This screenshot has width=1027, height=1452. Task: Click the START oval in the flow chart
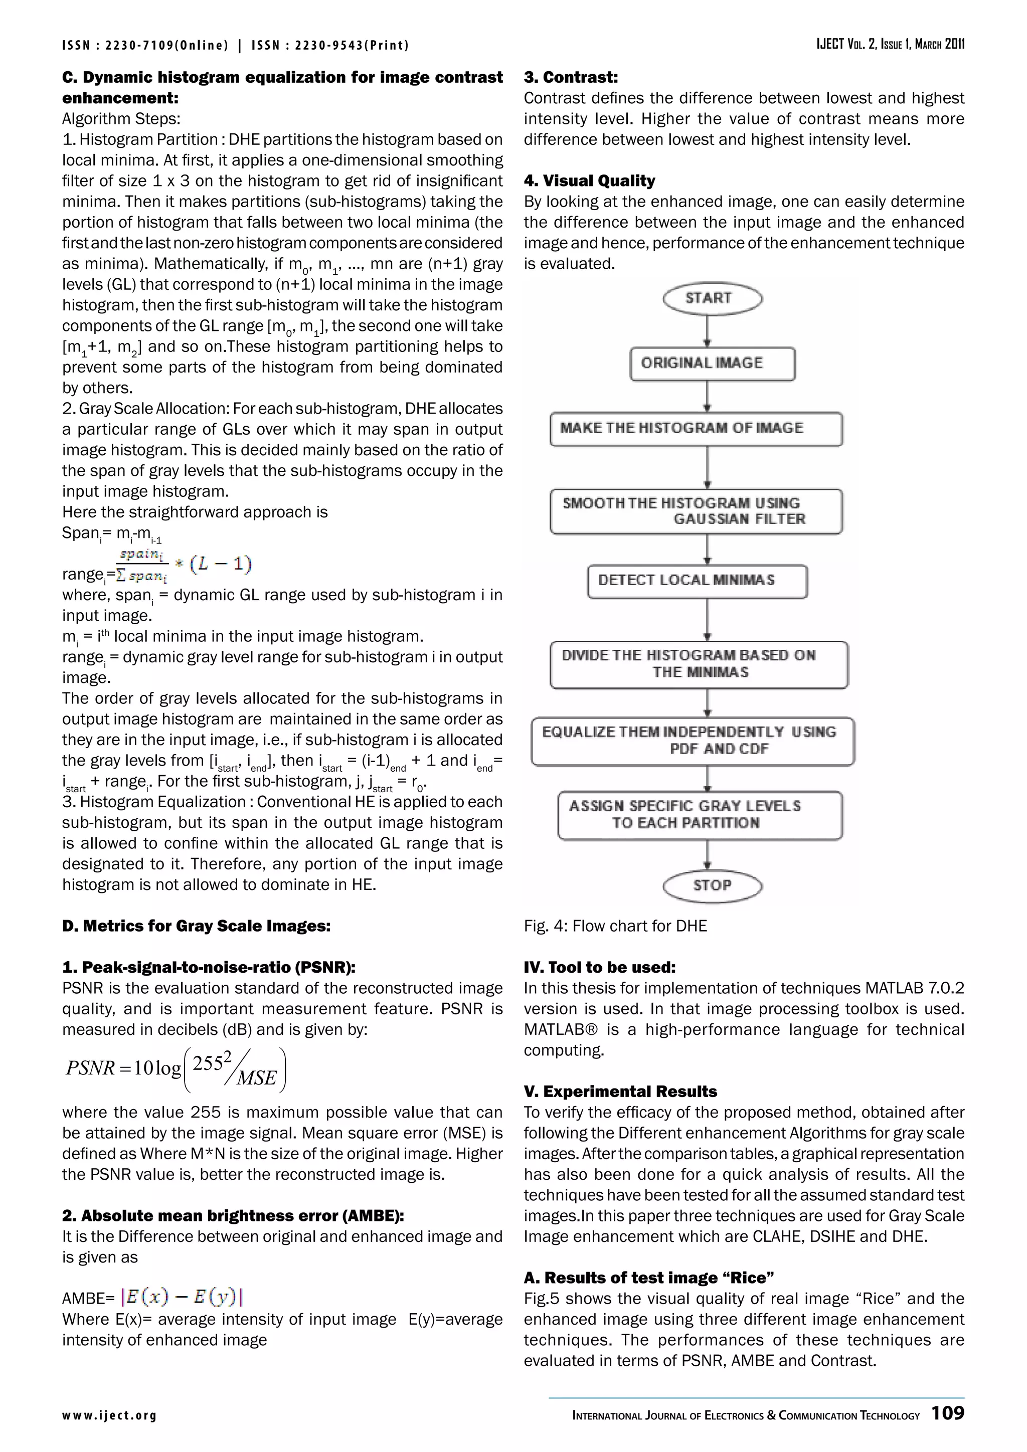(712, 298)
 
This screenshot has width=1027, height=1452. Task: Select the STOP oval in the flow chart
(712, 885)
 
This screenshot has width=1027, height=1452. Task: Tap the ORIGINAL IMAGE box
(712, 364)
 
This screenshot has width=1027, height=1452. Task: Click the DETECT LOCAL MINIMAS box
(697, 581)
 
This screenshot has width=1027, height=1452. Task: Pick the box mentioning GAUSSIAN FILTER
(696, 511)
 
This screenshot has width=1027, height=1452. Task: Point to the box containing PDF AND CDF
(693, 741)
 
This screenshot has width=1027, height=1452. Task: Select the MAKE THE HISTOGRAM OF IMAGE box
(696, 429)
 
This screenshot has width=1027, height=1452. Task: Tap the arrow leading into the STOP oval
(707, 855)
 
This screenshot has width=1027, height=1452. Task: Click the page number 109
(948, 1413)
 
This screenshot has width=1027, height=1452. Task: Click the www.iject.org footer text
(109, 1415)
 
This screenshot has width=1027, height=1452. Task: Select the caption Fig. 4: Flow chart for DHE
(615, 926)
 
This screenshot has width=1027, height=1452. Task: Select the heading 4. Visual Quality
(589, 181)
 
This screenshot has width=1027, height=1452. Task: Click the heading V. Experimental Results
(620, 1092)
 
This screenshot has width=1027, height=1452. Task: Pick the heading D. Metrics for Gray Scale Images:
(196, 926)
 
